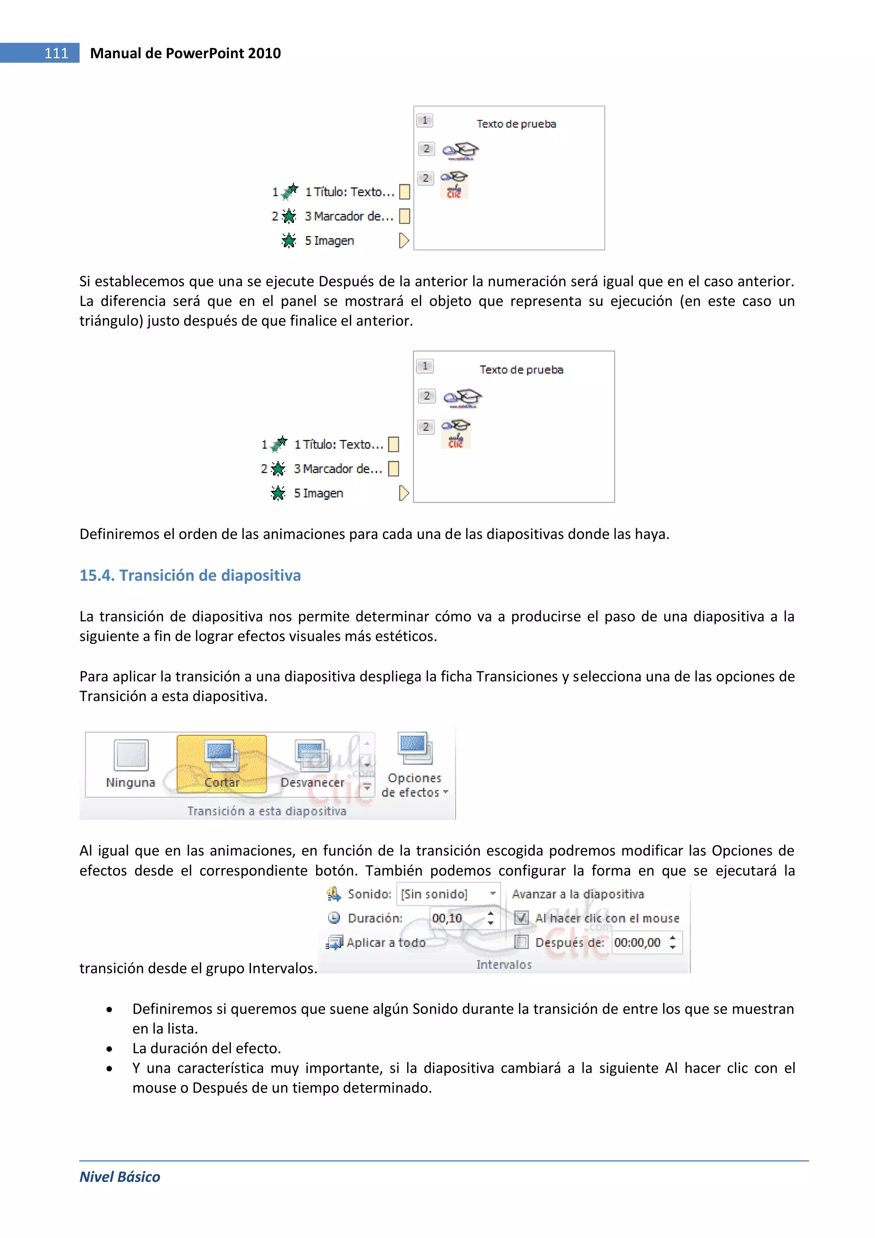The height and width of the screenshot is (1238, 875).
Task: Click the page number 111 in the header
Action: click(56, 53)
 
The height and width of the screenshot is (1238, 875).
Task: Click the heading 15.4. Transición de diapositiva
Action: click(190, 575)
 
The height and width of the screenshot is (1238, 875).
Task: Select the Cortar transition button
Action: click(221, 763)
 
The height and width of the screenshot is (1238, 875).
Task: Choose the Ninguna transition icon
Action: click(131, 756)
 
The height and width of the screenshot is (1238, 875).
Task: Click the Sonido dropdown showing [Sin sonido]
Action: click(448, 894)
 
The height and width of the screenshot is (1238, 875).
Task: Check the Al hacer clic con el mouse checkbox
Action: click(521, 918)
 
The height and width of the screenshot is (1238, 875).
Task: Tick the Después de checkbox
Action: click(521, 942)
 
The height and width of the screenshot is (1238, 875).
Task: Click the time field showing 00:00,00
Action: click(638, 943)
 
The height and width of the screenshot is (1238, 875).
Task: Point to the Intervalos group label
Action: click(503, 965)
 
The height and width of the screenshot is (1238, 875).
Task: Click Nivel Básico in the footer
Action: click(120, 1176)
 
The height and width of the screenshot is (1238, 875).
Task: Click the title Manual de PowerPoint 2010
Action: click(185, 53)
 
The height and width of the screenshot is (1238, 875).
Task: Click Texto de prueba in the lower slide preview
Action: click(521, 369)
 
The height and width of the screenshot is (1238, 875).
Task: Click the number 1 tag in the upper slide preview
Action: click(425, 120)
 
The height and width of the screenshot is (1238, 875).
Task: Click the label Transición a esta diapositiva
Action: click(267, 811)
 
